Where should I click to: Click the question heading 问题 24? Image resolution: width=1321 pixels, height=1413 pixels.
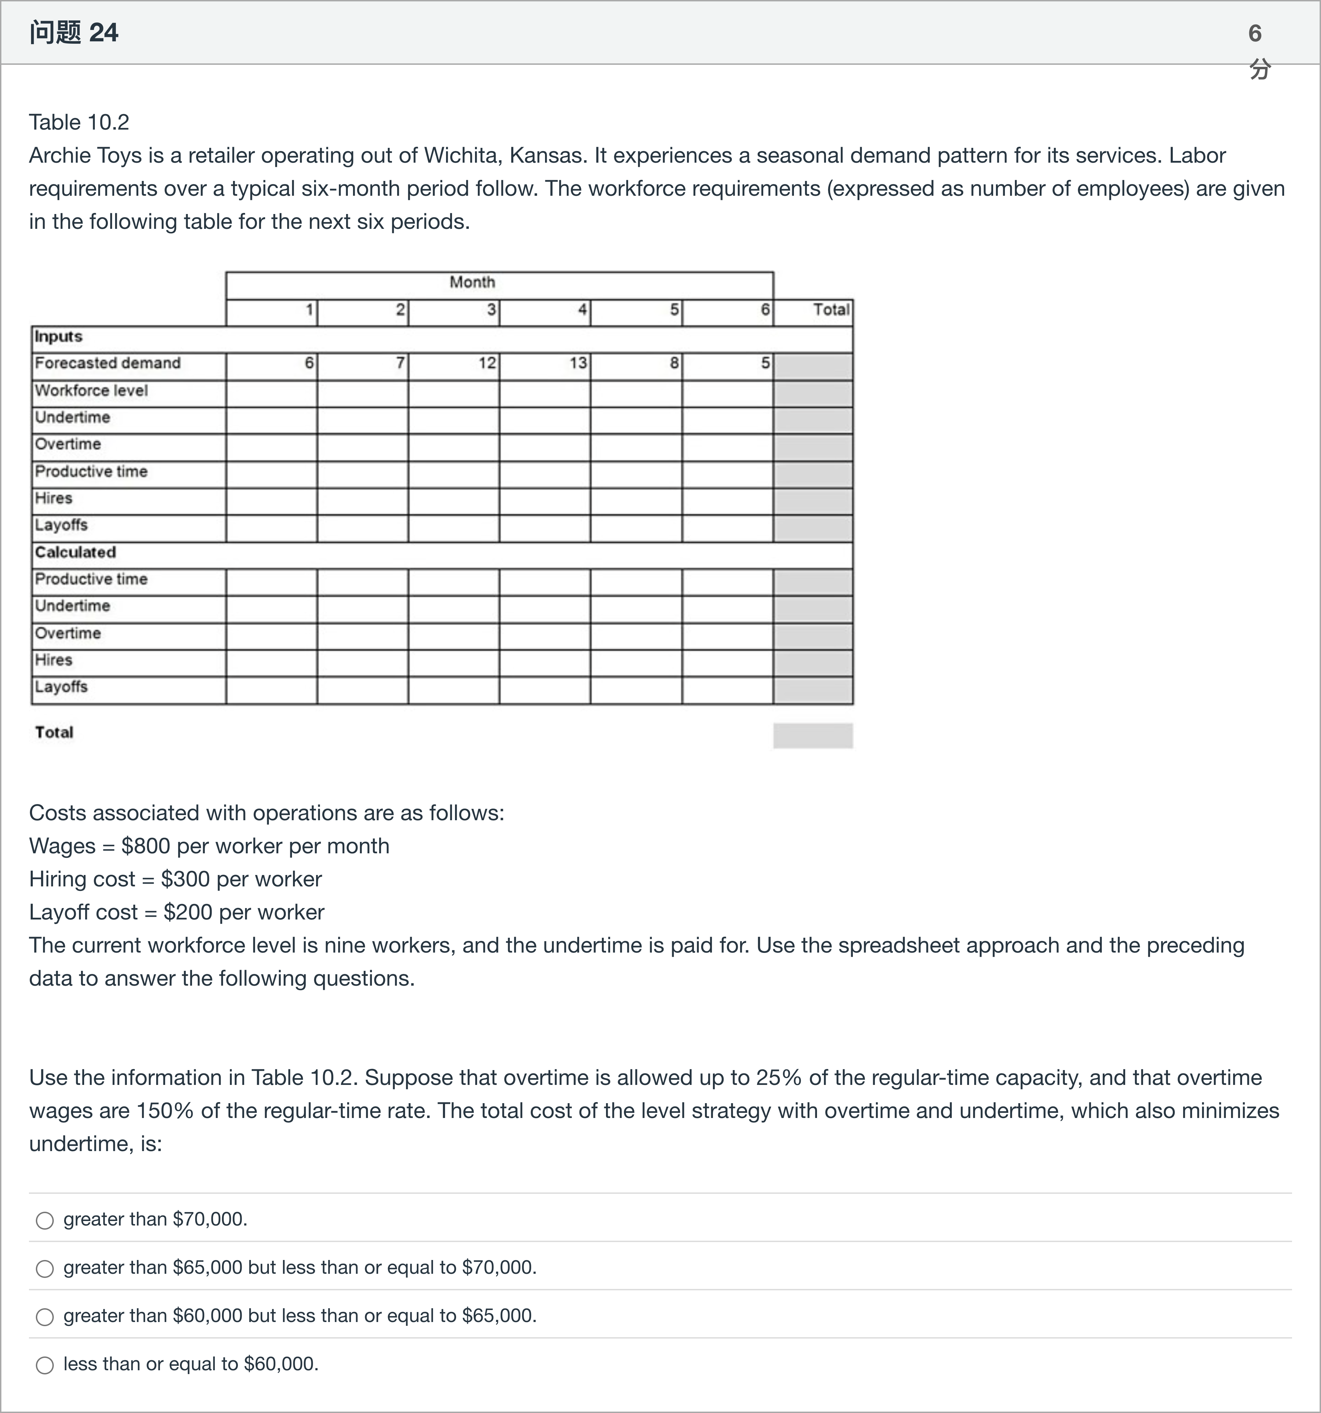pos(74,33)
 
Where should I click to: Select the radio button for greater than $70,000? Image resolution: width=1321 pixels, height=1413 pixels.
pos(45,1220)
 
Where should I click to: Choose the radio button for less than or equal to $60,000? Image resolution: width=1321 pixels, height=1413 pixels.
pos(45,1365)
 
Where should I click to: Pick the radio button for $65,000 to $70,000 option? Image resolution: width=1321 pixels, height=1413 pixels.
pos(45,1269)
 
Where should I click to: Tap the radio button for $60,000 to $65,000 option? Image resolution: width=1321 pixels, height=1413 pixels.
pos(45,1317)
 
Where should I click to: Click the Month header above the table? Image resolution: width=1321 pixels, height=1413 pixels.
pos(472,282)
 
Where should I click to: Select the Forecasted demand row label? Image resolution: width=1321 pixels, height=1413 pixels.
pos(107,363)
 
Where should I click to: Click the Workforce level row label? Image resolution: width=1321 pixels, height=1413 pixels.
pos(91,390)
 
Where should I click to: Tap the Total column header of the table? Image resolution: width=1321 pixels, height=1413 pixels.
pos(830,310)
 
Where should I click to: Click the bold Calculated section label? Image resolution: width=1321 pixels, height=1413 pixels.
pos(75,552)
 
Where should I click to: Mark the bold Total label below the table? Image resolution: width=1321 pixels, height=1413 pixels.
pos(54,732)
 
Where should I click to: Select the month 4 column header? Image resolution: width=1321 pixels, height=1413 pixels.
pos(582,310)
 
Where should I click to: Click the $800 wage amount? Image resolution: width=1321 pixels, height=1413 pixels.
pos(146,846)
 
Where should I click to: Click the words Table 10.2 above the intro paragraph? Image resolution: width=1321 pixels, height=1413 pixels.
pos(79,122)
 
